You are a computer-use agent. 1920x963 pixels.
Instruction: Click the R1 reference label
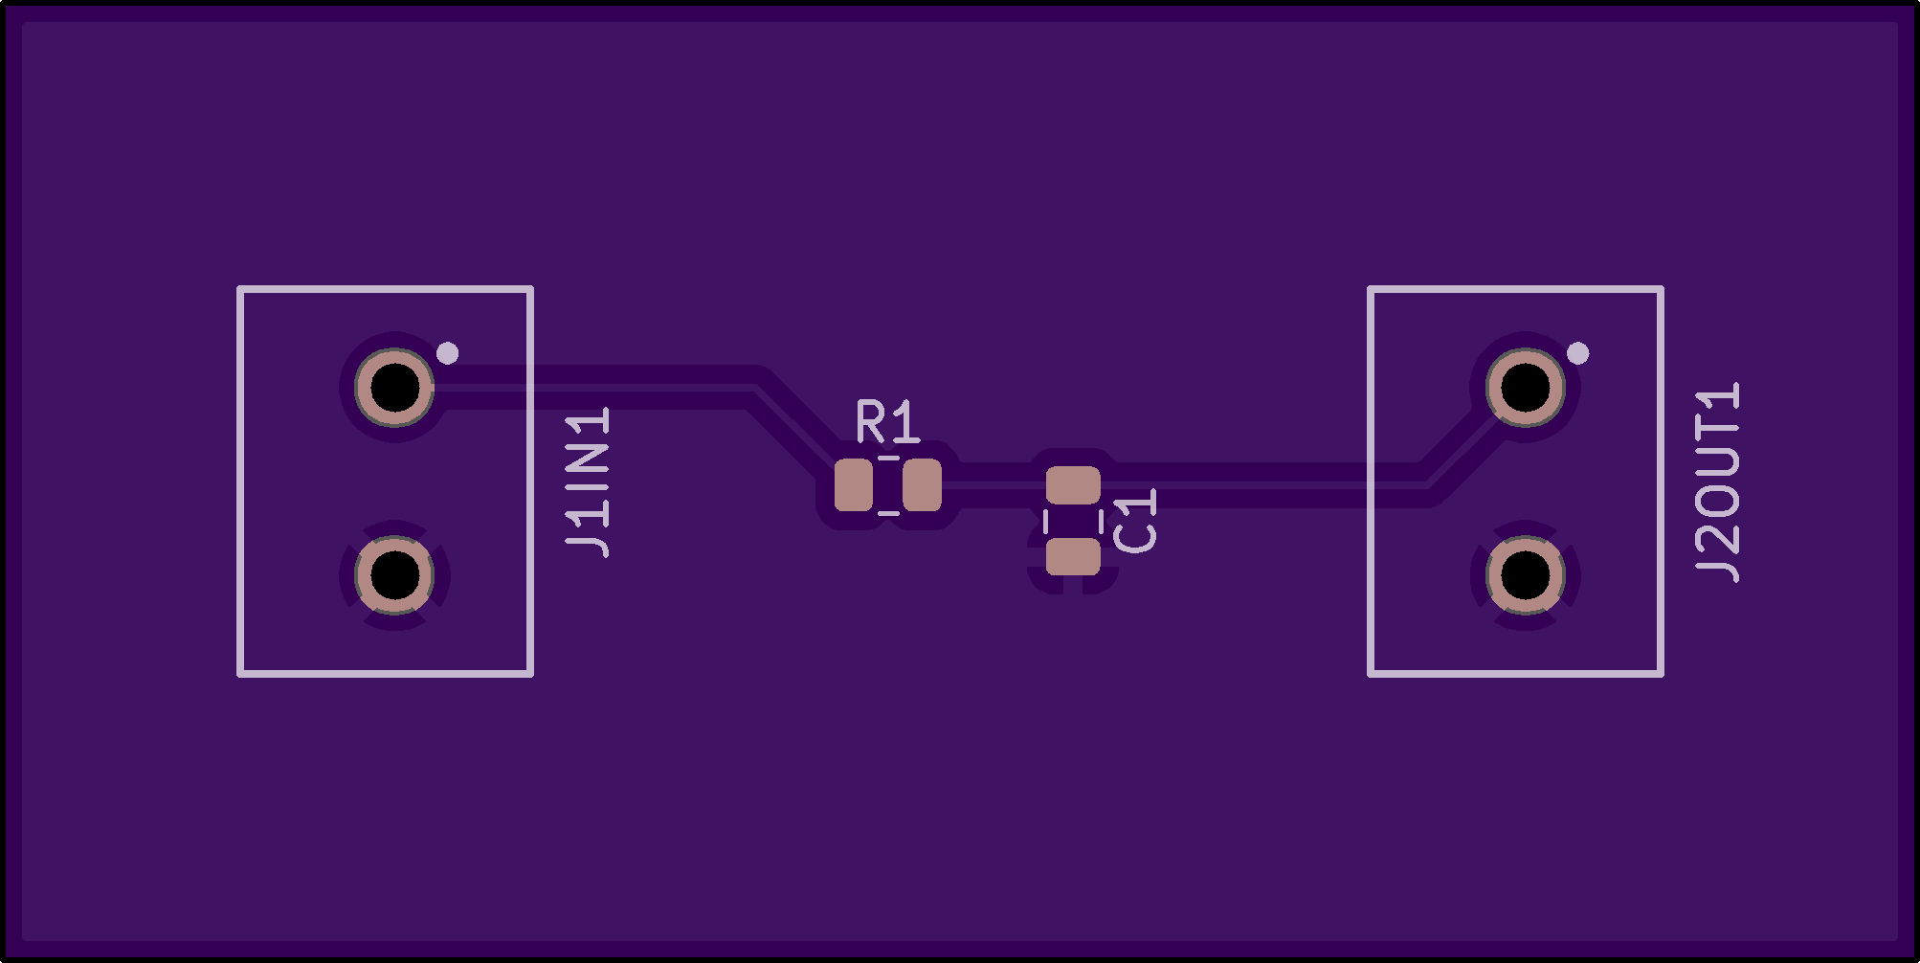point(887,423)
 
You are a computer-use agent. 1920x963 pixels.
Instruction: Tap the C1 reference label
point(1136,521)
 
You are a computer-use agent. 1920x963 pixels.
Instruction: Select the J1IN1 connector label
point(588,482)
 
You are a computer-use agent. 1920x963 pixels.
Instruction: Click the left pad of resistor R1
point(853,485)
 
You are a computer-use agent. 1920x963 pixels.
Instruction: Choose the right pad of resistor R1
point(922,485)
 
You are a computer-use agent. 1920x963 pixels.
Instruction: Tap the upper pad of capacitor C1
point(1073,485)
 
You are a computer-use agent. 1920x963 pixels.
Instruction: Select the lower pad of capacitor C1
point(1073,556)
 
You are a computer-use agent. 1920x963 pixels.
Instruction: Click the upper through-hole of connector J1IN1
point(394,388)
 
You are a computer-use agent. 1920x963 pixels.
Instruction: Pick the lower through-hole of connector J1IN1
point(394,575)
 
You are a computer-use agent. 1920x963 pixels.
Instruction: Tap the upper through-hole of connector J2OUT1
point(1525,388)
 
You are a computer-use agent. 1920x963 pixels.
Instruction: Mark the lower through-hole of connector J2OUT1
point(1525,575)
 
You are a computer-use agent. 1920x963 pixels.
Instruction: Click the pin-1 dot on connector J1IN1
point(447,353)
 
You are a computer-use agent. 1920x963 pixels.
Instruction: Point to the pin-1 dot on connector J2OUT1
point(1577,353)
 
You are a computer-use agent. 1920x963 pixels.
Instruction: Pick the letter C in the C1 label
point(1136,536)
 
